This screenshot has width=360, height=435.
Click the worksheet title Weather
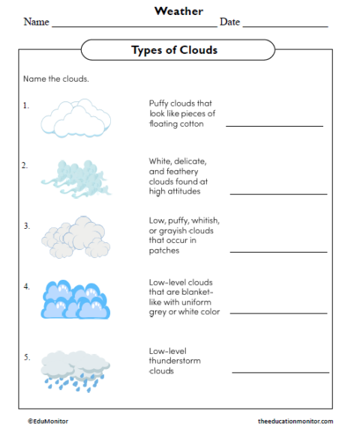point(178,10)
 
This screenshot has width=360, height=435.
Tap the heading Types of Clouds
point(174,50)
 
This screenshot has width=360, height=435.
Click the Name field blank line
point(133,26)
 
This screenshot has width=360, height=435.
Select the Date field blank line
point(285,26)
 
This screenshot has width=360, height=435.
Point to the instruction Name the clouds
point(55,79)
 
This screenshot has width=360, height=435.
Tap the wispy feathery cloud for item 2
point(73,178)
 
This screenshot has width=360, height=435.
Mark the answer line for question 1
point(274,126)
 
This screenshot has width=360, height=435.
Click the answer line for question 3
point(278,252)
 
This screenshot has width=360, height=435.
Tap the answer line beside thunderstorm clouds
point(280,372)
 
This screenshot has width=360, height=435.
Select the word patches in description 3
point(165,250)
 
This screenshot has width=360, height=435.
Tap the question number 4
point(26,286)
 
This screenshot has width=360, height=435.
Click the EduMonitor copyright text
point(47,421)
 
